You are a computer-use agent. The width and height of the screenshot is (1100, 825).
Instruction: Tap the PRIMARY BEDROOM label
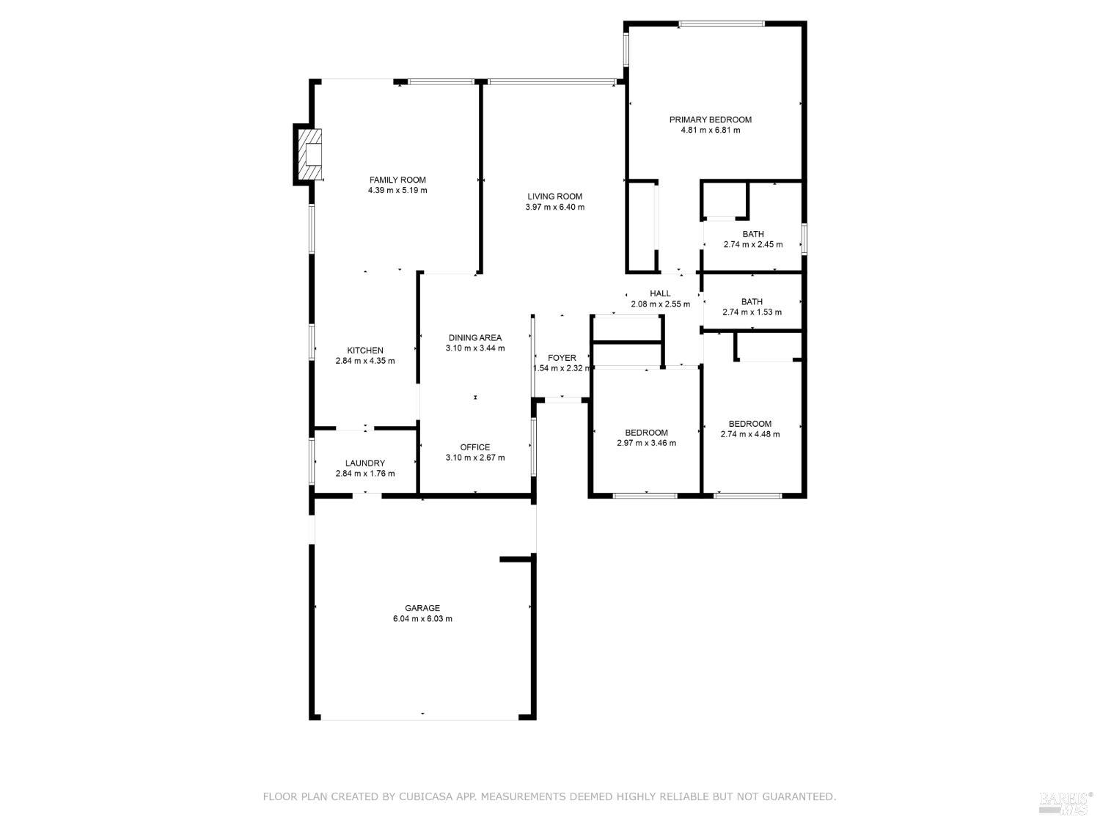click(710, 120)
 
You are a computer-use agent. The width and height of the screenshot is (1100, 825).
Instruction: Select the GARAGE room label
click(422, 608)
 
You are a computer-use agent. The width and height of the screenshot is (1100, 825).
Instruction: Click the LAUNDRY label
click(364, 463)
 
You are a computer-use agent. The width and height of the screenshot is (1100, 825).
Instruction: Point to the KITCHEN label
click(364, 351)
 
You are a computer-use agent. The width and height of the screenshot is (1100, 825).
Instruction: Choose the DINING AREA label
click(475, 338)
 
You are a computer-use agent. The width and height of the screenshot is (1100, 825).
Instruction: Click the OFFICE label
click(475, 447)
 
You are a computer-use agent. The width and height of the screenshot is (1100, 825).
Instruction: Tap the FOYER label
click(562, 358)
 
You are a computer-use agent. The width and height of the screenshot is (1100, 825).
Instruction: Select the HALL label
click(660, 293)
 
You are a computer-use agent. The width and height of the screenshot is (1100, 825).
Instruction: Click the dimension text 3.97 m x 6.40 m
click(554, 207)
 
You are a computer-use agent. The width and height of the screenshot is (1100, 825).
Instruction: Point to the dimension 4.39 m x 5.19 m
click(397, 191)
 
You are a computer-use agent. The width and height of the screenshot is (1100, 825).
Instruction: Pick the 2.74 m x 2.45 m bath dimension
click(752, 245)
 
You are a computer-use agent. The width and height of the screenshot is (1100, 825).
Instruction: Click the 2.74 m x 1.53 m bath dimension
click(752, 312)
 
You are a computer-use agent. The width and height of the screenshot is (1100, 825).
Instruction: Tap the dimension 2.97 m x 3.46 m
click(646, 443)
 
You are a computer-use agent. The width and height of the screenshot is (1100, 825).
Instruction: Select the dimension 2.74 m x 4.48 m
click(749, 434)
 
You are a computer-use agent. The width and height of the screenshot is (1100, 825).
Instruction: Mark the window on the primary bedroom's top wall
click(722, 24)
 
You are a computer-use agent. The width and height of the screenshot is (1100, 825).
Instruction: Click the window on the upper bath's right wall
click(804, 239)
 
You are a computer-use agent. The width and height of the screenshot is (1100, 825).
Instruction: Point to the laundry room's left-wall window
click(312, 461)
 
